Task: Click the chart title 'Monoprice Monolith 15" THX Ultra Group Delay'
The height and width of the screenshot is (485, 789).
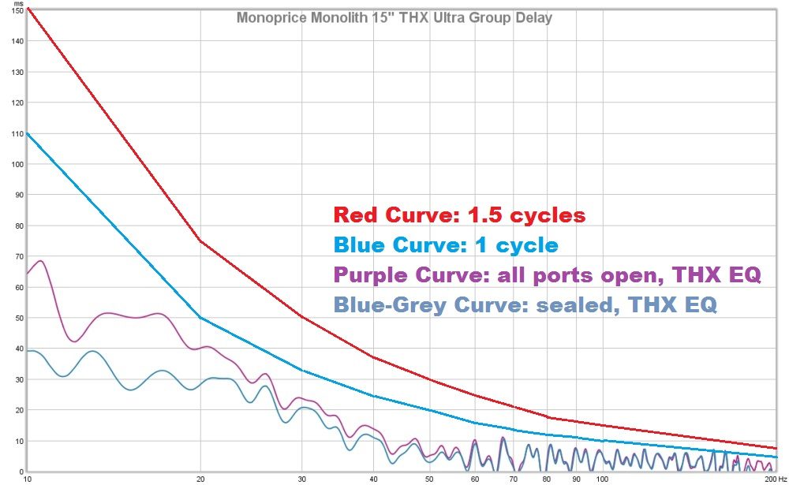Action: click(x=394, y=17)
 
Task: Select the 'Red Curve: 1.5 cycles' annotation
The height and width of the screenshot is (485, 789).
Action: click(x=459, y=215)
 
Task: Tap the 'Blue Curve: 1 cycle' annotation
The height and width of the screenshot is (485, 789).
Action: click(x=446, y=244)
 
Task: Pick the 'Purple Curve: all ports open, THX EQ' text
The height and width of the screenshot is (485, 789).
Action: click(x=548, y=275)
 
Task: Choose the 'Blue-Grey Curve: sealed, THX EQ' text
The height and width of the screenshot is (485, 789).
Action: click(x=525, y=304)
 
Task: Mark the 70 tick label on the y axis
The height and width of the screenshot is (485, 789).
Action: click(x=17, y=256)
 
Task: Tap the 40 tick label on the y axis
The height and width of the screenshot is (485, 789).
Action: click(x=17, y=349)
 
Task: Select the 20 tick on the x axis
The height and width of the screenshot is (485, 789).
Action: click(x=200, y=479)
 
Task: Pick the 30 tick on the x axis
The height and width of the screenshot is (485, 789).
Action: click(x=302, y=479)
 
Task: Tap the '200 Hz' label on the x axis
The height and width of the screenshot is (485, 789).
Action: click(x=774, y=479)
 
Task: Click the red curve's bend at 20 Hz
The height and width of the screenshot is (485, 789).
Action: click(x=200, y=241)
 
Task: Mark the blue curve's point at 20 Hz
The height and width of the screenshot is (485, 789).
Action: click(x=200, y=318)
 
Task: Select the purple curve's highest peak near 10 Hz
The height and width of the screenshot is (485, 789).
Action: click(x=40, y=261)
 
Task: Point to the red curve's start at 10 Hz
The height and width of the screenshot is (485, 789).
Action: click(x=28, y=9)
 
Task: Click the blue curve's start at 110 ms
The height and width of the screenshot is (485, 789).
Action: click(x=28, y=133)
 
